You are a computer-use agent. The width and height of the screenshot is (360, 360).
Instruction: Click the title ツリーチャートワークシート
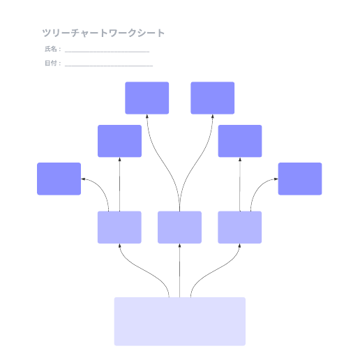click(103, 33)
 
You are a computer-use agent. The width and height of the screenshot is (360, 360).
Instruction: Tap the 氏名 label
click(51, 49)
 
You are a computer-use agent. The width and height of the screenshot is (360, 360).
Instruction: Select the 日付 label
click(51, 63)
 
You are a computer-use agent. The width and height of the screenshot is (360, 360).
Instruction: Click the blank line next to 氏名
click(107, 52)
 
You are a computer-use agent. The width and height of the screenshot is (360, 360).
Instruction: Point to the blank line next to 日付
click(109, 66)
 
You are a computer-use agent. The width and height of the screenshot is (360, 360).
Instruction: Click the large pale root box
click(180, 322)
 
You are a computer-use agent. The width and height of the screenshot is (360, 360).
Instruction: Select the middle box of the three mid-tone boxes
click(179, 227)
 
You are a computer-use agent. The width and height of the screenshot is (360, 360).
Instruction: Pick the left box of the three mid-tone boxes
click(119, 227)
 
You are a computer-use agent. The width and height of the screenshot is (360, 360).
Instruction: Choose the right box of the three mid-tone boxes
click(240, 227)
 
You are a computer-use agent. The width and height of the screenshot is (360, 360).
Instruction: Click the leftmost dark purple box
click(59, 179)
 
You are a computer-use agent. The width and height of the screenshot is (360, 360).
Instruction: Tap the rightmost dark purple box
click(300, 179)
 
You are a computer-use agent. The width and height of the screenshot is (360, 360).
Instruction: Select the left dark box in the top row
click(147, 98)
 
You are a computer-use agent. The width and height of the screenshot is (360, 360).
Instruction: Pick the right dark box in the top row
click(213, 98)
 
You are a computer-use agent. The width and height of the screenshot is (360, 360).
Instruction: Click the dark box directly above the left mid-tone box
click(119, 141)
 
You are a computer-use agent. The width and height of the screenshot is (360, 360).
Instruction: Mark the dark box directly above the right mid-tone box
click(240, 141)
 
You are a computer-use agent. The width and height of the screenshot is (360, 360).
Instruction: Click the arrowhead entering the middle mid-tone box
click(179, 246)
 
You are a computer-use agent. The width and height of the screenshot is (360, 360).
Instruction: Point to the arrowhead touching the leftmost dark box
click(83, 179)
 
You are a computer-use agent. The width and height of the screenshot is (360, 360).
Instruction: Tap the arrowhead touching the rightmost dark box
click(276, 179)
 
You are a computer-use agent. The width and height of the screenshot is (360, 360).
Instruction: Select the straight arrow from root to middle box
click(179, 271)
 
